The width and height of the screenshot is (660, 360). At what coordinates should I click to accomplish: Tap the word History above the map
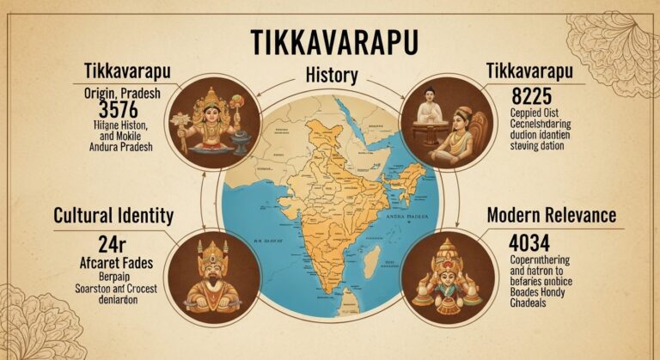[x=330, y=76]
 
